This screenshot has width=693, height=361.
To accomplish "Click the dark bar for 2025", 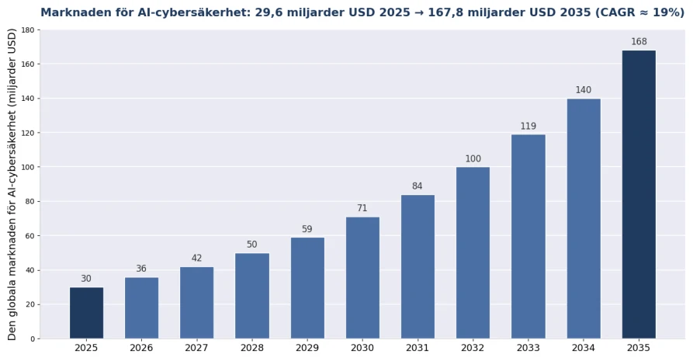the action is click(x=86, y=313).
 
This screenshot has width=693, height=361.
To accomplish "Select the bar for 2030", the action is click(x=362, y=278).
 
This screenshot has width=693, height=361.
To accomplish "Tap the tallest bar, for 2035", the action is click(x=639, y=195).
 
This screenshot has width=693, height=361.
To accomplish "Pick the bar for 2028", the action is click(x=252, y=296).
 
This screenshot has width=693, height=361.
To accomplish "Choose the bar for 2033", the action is click(x=528, y=237).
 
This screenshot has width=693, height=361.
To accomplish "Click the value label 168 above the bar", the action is click(x=639, y=42).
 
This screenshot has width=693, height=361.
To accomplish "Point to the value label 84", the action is click(x=418, y=186).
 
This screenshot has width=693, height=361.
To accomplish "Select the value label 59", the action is click(x=307, y=229).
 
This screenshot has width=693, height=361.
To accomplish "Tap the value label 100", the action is click(x=473, y=159).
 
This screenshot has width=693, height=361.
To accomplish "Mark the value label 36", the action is click(x=141, y=269).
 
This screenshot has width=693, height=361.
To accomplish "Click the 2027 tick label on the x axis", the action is click(x=196, y=348).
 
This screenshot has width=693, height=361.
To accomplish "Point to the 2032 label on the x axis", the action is click(x=473, y=348).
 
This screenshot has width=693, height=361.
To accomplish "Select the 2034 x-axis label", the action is click(x=584, y=348).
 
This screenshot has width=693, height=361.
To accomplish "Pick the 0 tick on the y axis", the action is click(x=33, y=339).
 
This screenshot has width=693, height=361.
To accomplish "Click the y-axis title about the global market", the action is click(x=12, y=184).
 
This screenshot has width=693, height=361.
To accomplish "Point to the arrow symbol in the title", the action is click(x=418, y=12).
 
